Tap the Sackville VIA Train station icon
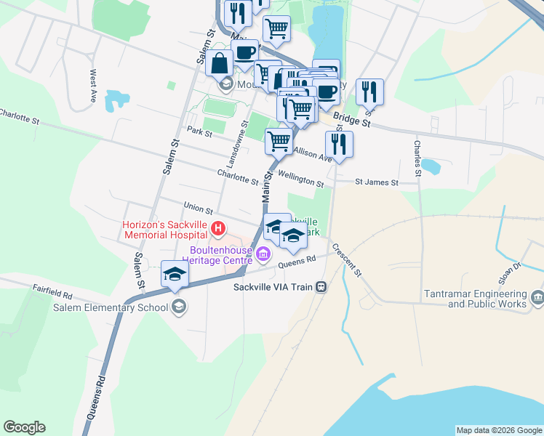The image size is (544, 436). [320, 287]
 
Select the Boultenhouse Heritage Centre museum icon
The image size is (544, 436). [263, 254]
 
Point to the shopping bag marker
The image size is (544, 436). [219, 64]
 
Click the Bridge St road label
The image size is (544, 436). [352, 121]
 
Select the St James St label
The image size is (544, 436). [377, 183]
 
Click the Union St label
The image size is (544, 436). [198, 209]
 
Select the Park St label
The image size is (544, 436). [199, 132]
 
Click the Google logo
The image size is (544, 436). [24, 427]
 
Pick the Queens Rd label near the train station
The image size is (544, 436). [297, 260]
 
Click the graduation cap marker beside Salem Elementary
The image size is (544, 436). [175, 275]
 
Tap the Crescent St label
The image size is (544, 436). [346, 258]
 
